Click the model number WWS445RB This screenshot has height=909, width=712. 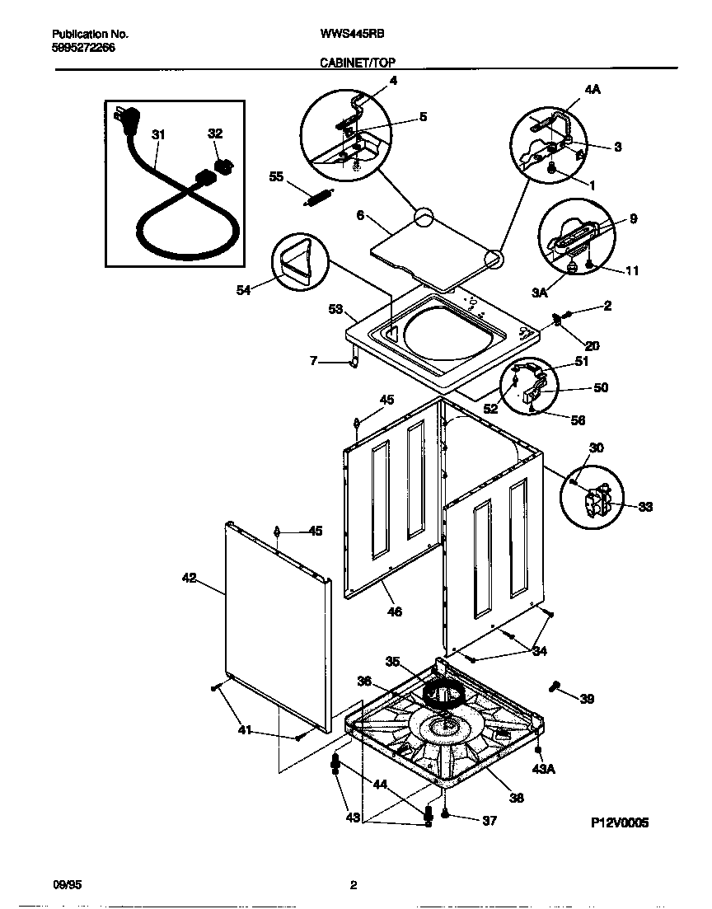point(352,35)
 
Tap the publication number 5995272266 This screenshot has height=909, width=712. point(83,48)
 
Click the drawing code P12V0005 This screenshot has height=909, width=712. point(620,822)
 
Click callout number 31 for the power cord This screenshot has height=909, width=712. point(158,134)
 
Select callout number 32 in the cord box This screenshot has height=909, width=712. point(214,134)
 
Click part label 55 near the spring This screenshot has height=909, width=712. point(277,176)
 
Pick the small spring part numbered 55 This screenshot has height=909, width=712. point(316,199)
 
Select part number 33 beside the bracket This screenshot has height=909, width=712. point(645,507)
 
